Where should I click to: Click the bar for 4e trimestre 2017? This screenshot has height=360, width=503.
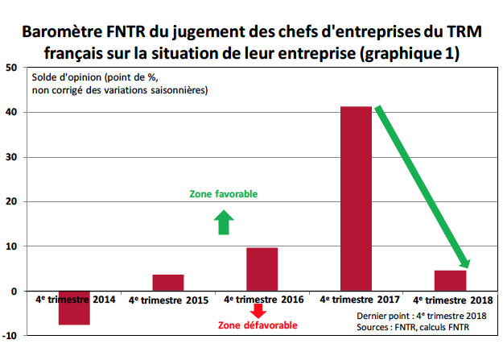pyautogui.click(x=356, y=198)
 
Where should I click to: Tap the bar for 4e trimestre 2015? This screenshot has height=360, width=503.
pyautogui.click(x=168, y=283)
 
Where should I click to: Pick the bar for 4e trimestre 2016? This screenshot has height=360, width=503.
pyautogui.click(x=262, y=269)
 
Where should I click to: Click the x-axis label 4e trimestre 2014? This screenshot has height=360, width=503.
pyautogui.click(x=75, y=300)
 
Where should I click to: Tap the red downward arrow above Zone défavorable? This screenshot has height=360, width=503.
pyautogui.click(x=259, y=310)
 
